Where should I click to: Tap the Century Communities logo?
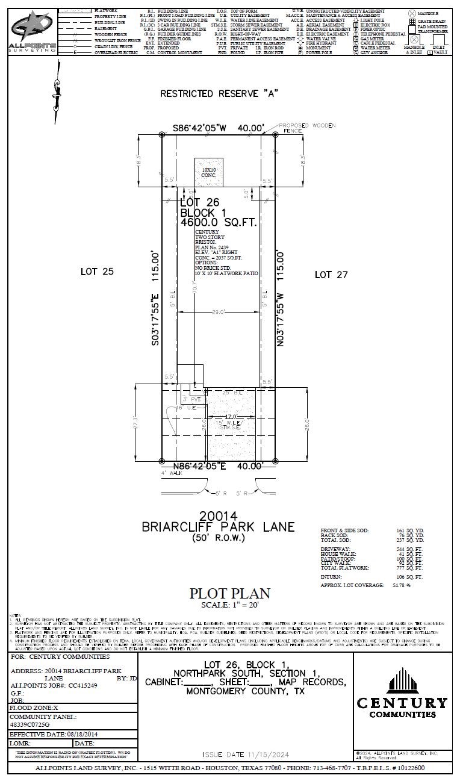(x=402, y=693)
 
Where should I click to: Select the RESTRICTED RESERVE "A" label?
(x=220, y=93)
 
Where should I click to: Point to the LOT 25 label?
(x=97, y=272)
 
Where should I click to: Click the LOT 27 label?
(x=331, y=275)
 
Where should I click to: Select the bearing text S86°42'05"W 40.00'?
(x=219, y=128)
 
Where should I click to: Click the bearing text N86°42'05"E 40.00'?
(x=219, y=466)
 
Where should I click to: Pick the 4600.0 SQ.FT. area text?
(x=219, y=222)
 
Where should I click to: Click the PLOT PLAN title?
(x=229, y=593)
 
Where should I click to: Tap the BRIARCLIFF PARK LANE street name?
(x=219, y=527)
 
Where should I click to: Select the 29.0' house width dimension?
(x=218, y=312)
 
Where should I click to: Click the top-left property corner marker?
(x=161, y=134)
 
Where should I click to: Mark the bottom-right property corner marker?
(x=275, y=461)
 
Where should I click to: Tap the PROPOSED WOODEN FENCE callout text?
(x=308, y=127)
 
